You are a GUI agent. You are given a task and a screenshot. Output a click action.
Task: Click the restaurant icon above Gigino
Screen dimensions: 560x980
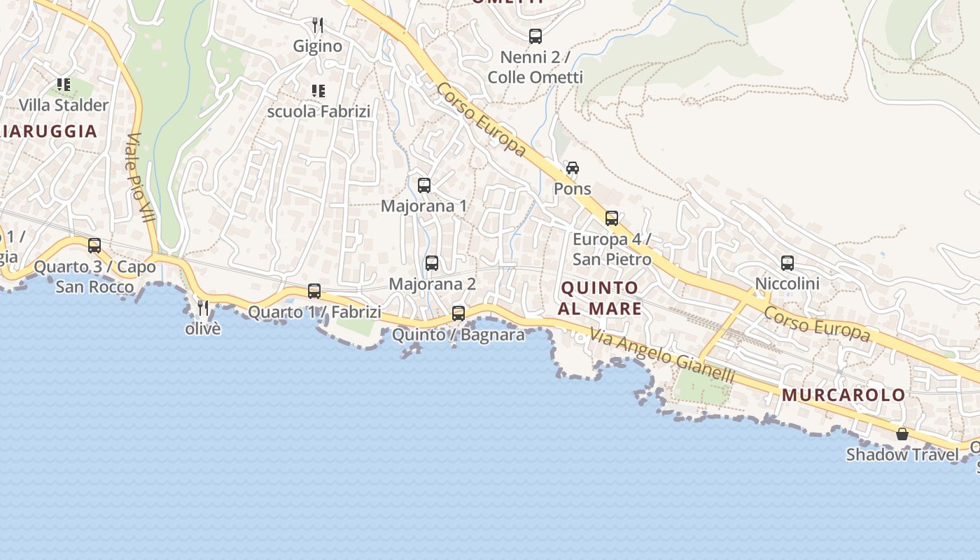point(318,26)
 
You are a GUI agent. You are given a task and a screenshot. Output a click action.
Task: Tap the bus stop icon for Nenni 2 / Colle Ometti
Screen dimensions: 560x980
point(535,36)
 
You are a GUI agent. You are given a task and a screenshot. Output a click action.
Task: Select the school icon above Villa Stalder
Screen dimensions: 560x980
point(64,85)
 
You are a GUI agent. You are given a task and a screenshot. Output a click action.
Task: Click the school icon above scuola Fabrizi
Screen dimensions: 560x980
point(318,91)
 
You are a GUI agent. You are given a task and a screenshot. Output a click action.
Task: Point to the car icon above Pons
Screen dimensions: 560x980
point(573,168)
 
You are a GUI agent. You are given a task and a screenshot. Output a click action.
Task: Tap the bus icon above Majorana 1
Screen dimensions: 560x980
point(424,185)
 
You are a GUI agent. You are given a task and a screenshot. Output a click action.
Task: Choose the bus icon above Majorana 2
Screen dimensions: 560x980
point(432,263)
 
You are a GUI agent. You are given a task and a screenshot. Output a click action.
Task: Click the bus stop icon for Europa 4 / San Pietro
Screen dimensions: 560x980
point(612,218)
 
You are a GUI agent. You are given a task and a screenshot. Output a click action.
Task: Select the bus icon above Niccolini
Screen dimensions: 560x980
point(787,263)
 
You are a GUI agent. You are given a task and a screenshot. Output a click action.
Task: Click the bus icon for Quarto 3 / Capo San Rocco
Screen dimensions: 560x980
point(94,246)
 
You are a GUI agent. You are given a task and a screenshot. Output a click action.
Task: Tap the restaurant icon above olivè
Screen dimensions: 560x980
point(203,307)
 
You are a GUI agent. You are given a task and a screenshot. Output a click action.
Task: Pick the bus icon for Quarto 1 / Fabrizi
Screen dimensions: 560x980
point(314,291)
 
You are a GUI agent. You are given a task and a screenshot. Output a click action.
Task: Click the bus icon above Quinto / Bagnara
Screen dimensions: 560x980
point(458,314)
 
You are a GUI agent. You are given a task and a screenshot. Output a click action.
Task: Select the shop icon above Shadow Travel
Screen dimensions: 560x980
point(902,434)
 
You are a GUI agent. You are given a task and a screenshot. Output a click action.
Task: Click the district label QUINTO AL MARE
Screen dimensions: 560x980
point(600,298)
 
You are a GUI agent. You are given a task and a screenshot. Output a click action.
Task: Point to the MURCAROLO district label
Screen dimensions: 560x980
point(843,395)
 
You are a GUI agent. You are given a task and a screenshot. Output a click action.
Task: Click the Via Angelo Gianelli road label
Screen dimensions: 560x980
point(662,356)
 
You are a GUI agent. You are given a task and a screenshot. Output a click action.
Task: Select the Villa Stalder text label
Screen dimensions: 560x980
point(64,105)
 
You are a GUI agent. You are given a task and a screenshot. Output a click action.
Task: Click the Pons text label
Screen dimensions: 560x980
point(573,189)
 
